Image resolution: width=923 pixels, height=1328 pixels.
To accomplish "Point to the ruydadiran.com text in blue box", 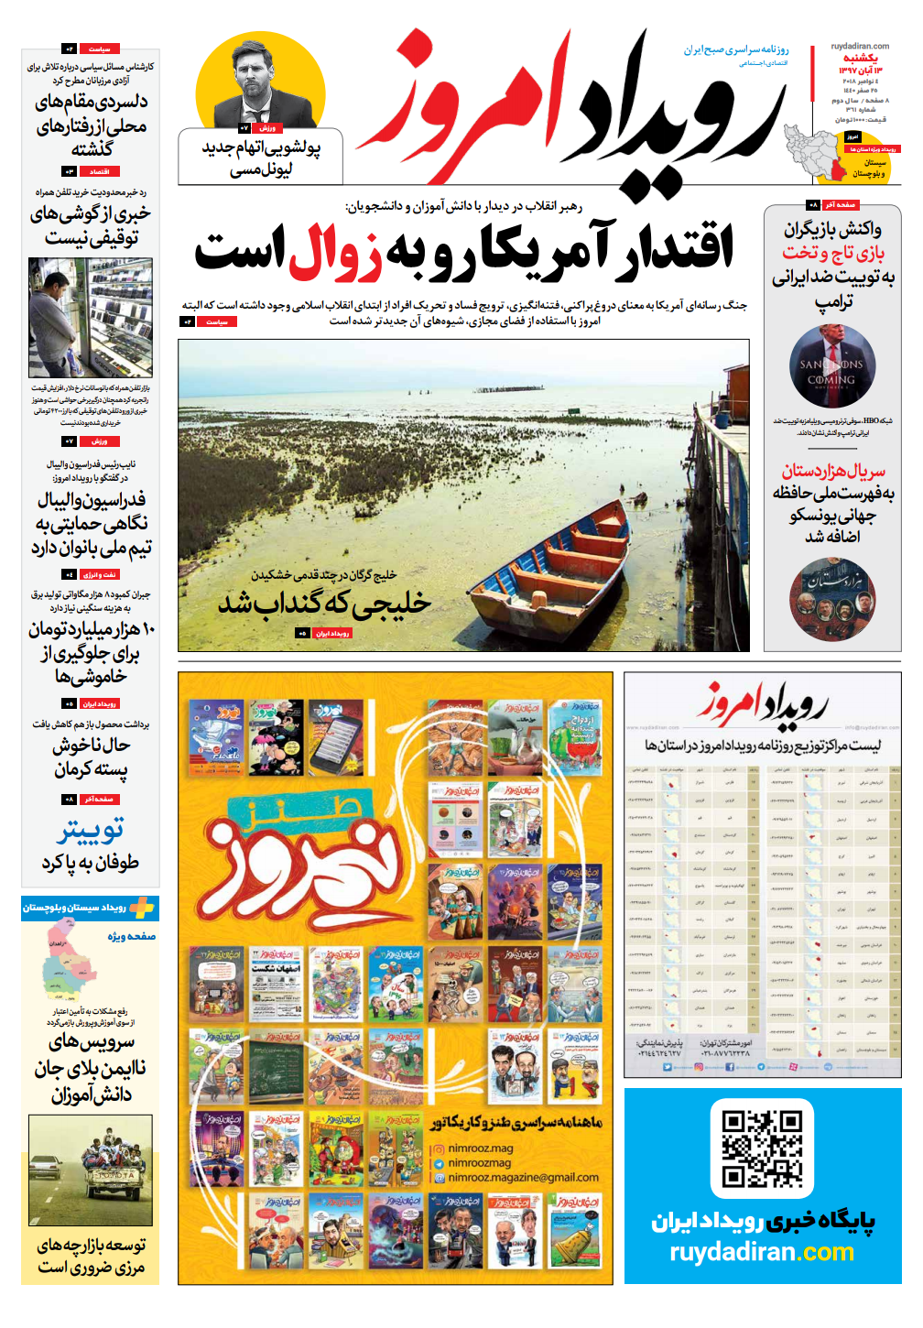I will [x=762, y=1252].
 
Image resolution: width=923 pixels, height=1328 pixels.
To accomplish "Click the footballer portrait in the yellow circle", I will [x=259, y=85].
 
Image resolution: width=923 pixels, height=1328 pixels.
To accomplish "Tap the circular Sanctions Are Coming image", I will [x=832, y=366].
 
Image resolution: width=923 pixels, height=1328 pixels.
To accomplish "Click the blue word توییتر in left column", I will [x=90, y=831].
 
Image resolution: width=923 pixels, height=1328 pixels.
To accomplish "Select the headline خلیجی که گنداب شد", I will [x=324, y=604].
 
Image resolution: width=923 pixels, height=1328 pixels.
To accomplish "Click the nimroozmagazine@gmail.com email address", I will [x=523, y=1178].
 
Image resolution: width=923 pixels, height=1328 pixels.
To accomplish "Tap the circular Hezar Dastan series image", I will [x=832, y=599].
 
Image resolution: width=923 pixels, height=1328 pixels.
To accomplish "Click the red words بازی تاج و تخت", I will [x=833, y=253].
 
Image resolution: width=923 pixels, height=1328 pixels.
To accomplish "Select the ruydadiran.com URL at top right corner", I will [x=860, y=46].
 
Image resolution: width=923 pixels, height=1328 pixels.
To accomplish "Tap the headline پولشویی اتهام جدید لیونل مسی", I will [x=261, y=158].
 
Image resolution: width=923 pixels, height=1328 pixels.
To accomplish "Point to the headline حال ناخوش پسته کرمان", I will [x=91, y=757].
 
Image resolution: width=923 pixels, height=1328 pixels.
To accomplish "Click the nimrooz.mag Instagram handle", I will [x=481, y=1148].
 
